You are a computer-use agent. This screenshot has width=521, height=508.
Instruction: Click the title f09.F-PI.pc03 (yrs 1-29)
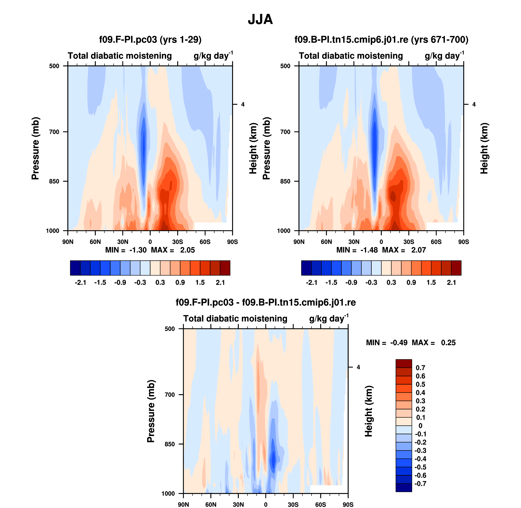[x=150, y=40]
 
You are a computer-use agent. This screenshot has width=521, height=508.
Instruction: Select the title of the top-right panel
[x=381, y=40]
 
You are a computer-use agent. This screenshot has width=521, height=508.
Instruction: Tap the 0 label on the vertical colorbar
[x=420, y=426]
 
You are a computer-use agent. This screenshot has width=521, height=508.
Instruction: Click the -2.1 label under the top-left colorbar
[x=80, y=282]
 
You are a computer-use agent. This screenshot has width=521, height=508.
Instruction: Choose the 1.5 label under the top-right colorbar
[x=431, y=282]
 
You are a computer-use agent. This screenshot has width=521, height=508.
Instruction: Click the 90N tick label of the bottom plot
[x=183, y=504]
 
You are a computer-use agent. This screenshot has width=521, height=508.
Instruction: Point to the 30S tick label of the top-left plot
[x=177, y=242]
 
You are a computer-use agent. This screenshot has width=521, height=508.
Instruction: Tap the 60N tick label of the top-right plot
[x=326, y=242]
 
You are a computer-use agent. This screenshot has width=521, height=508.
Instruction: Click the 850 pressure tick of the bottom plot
[x=170, y=444]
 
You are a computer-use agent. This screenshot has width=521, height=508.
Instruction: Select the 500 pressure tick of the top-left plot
[x=54, y=66]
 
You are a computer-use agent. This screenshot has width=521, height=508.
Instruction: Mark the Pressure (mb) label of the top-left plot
[x=35, y=148]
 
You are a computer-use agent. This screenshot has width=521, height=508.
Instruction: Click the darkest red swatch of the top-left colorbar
[x=225, y=268]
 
